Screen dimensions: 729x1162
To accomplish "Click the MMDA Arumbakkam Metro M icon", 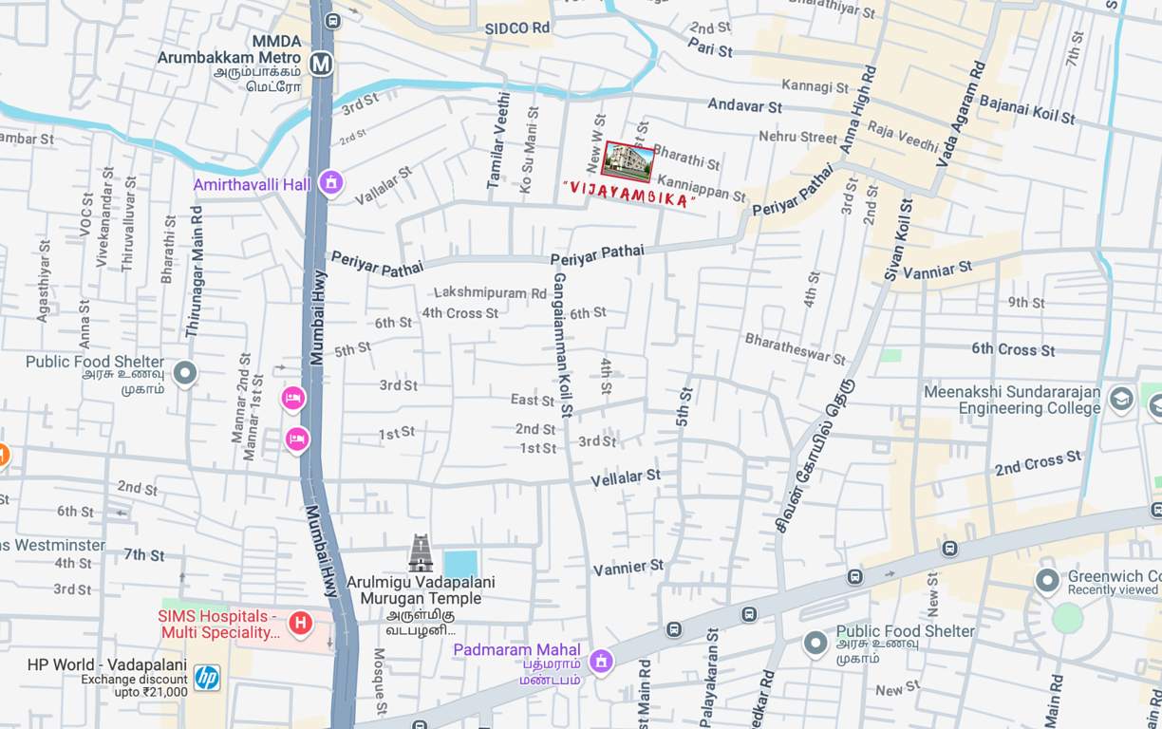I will [321, 64].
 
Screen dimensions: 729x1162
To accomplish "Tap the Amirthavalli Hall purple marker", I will [330, 181].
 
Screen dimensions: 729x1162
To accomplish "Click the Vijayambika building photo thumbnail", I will [628, 161].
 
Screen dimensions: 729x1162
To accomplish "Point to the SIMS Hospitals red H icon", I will [300, 624].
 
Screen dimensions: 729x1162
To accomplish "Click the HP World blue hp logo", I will [207, 677].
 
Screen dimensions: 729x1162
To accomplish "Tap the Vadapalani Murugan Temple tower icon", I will [421, 553].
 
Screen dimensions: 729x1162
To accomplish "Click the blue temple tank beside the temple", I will [460, 563].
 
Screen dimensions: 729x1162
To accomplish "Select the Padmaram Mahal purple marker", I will [600, 661].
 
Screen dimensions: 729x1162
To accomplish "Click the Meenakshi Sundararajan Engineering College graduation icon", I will [1121, 399].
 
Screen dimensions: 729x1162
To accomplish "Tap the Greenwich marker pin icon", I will [1047, 580].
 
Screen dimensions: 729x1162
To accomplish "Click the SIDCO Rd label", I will [517, 28].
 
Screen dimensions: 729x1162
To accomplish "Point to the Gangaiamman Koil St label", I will [562, 346].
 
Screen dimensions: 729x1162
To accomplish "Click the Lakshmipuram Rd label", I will [490, 293].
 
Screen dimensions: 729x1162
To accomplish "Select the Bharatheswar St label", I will [795, 348].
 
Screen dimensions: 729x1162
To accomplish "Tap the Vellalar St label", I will [626, 478].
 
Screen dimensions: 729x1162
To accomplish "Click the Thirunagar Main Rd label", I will [195, 272].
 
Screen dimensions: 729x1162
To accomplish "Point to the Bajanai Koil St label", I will [1027, 109].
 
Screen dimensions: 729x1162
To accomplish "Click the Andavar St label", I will [744, 105].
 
